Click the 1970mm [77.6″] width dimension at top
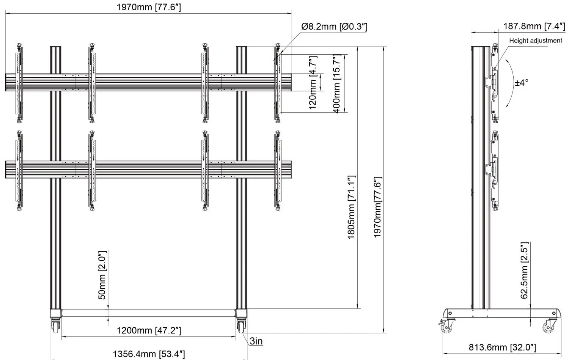pyautogui.click(x=148, y=7)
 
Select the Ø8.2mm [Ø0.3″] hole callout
pyautogui.click(x=334, y=27)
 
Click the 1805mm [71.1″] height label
pyautogui.click(x=352, y=207)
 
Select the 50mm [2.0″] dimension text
pyautogui.click(x=102, y=275)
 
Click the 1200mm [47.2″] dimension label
pyautogui.click(x=148, y=330)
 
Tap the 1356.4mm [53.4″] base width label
pyautogui.click(x=149, y=354)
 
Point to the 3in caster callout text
pyautogui.click(x=256, y=341)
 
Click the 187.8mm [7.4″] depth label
pyautogui.click(x=534, y=26)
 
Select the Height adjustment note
pyautogui.click(x=535, y=41)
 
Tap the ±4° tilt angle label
pyautogui.click(x=522, y=83)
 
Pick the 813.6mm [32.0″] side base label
pyautogui.click(x=502, y=347)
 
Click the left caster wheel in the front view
pyautogui.click(x=56, y=327)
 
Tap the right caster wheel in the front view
pyautogui.click(x=242, y=327)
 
